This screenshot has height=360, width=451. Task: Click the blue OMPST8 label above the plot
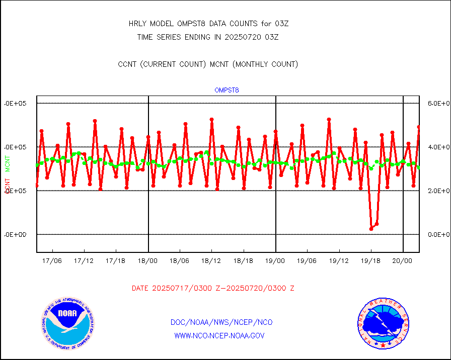(x=227, y=91)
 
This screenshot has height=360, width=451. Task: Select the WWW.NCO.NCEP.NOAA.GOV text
(x=219, y=335)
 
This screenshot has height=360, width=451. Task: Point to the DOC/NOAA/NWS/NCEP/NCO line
(x=221, y=322)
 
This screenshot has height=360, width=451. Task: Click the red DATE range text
(x=213, y=289)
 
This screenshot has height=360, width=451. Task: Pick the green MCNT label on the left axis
(x=8, y=163)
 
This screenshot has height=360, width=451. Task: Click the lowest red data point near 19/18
(x=371, y=228)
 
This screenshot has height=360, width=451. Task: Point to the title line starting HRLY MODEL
(x=208, y=24)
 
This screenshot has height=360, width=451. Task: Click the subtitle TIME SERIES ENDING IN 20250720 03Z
(x=208, y=37)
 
